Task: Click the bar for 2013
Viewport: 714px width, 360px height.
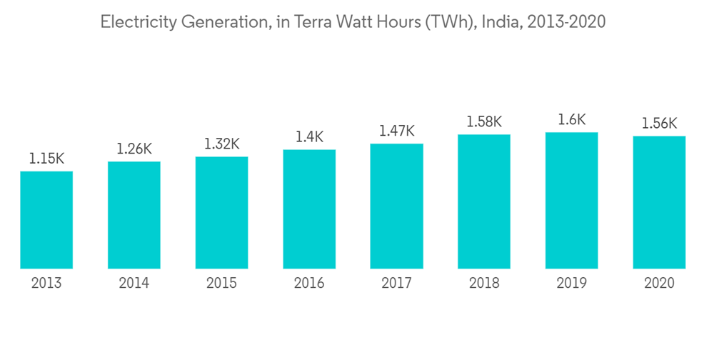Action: pyautogui.click(x=46, y=220)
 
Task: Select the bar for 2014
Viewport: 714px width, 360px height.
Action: pyautogui.click(x=134, y=215)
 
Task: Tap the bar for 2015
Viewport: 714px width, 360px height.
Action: pyautogui.click(x=222, y=212)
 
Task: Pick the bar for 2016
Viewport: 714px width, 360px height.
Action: pyautogui.click(x=309, y=209)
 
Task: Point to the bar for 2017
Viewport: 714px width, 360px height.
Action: pyautogui.click(x=396, y=206)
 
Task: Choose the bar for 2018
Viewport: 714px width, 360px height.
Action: pyautogui.click(x=484, y=201)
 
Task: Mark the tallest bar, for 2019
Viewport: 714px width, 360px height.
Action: pyautogui.click(x=571, y=200)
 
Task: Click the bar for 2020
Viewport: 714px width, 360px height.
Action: pyautogui.click(x=659, y=202)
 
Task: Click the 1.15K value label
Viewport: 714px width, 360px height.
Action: pyautogui.click(x=46, y=159)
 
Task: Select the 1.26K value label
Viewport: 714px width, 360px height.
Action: pyautogui.click(x=134, y=149)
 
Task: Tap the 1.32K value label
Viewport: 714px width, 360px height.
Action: pyautogui.click(x=222, y=144)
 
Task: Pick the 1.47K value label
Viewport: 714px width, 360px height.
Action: pyautogui.click(x=396, y=131)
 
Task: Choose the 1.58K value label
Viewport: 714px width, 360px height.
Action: pyautogui.click(x=484, y=122)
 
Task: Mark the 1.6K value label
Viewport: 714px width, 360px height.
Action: pyautogui.click(x=571, y=120)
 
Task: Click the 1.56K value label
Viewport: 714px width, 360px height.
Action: pyautogui.click(x=659, y=124)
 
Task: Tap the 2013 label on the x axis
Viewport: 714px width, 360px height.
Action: pyautogui.click(x=46, y=284)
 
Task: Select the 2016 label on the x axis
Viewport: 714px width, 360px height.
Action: pyautogui.click(x=309, y=284)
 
